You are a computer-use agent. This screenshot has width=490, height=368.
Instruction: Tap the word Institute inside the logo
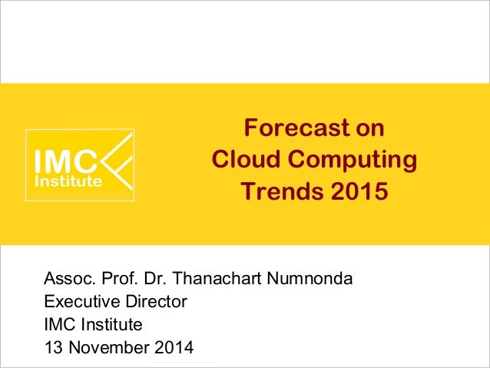[x=69, y=182]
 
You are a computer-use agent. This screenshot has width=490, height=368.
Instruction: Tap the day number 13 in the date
[x=54, y=348]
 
